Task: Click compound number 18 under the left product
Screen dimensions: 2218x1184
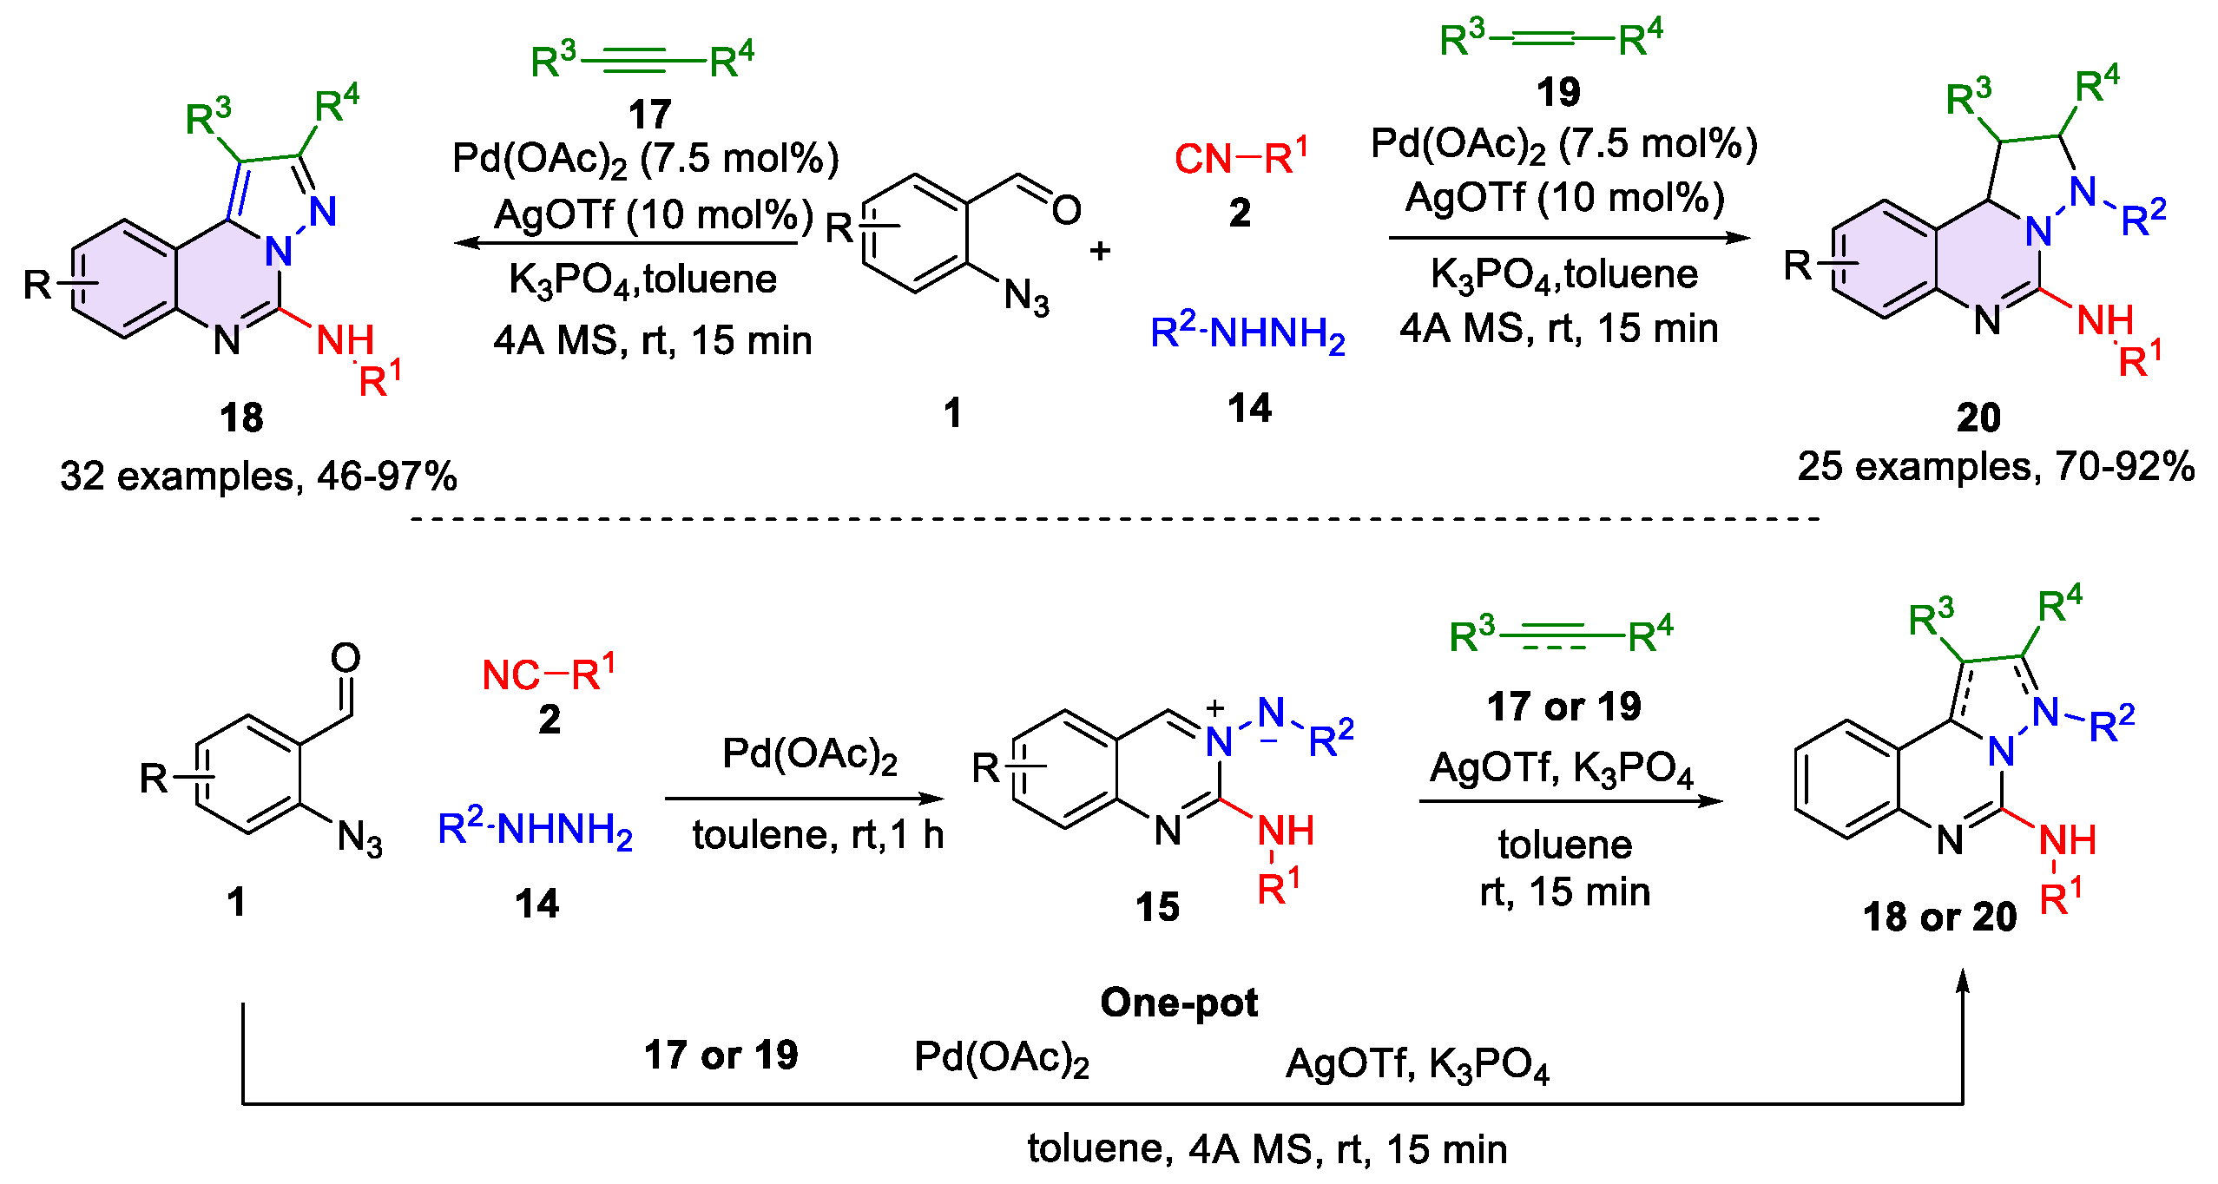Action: (x=241, y=418)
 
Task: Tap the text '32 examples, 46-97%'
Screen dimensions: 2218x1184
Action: (x=258, y=477)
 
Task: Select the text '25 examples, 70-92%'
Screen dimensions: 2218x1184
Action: (x=1996, y=467)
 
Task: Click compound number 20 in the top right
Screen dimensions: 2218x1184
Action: (x=1978, y=418)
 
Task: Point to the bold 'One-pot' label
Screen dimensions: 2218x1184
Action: (x=1178, y=1003)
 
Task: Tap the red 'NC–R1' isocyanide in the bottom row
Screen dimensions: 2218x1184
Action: (x=548, y=674)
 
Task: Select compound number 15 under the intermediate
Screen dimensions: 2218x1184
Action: (x=1157, y=907)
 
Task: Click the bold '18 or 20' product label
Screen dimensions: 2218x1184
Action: (x=1939, y=918)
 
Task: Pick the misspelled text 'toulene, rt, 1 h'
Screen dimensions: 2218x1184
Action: (x=817, y=835)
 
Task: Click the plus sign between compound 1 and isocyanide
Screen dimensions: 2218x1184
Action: (x=1100, y=251)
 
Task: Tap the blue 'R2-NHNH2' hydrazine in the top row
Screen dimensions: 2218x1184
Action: (x=1247, y=333)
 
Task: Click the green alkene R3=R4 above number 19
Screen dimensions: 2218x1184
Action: (x=1550, y=39)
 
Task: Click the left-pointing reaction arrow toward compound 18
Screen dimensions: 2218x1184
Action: (x=625, y=243)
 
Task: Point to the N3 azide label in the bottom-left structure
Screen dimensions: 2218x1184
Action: (x=359, y=839)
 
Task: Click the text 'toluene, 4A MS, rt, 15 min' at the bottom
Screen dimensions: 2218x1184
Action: (x=1267, y=1149)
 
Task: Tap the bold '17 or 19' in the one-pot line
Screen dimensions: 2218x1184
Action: (x=721, y=1056)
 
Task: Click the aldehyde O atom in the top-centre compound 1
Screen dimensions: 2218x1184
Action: (x=1066, y=210)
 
